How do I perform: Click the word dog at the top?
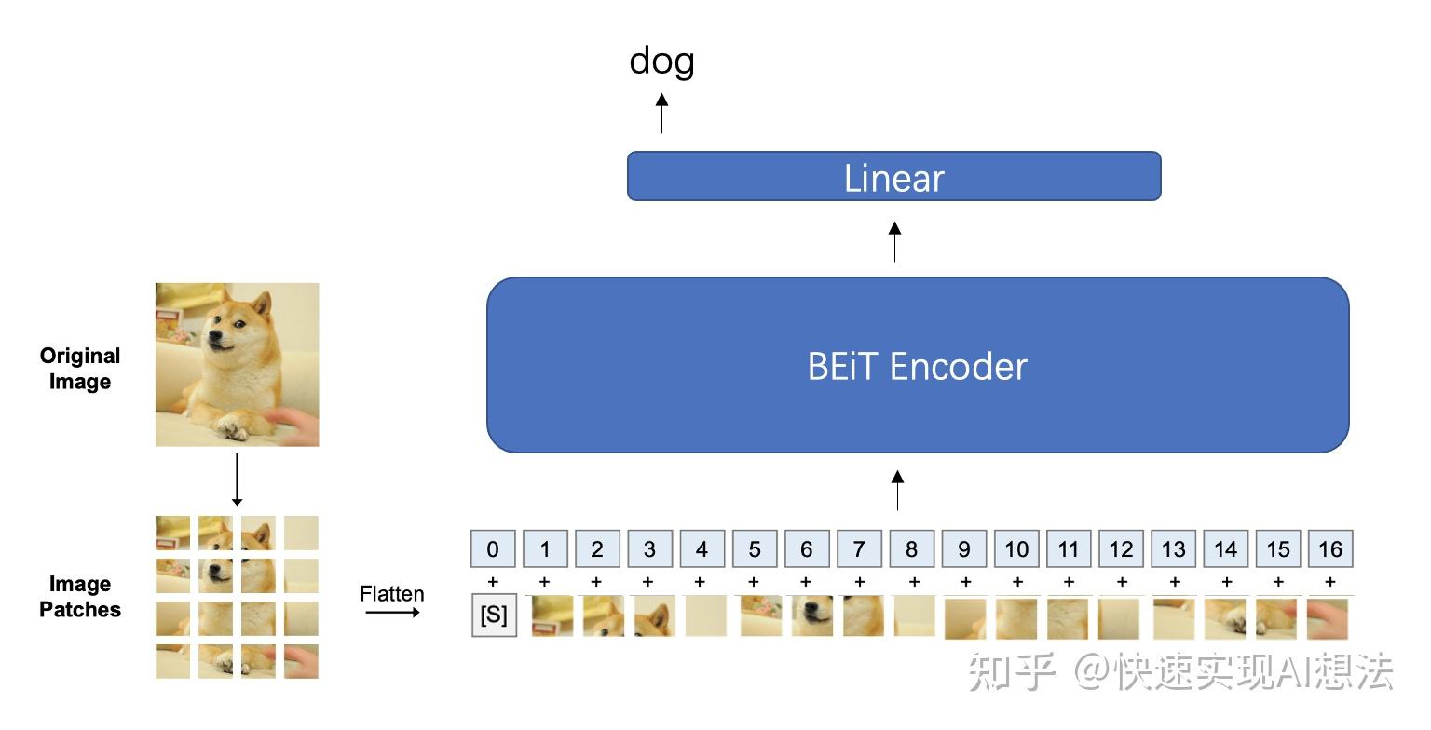pos(661,62)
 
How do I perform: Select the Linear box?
pos(893,176)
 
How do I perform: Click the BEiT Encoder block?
pos(917,365)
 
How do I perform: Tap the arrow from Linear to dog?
pos(661,113)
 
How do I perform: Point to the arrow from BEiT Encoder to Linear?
pos(894,241)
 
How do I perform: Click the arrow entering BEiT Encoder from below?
pos(897,490)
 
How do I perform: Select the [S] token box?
pos(494,616)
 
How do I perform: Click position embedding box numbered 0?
pos(493,549)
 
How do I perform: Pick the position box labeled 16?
pos(1329,549)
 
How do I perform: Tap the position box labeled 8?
pos(911,549)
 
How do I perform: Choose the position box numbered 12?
pos(1121,549)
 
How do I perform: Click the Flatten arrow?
pos(392,613)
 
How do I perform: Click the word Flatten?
pos(392,593)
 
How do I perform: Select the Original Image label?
pos(80,369)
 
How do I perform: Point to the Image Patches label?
pos(80,597)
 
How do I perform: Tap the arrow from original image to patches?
pos(237,480)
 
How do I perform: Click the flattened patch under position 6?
pos(811,616)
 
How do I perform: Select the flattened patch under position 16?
pos(1327,618)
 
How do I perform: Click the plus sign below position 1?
pos(545,582)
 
